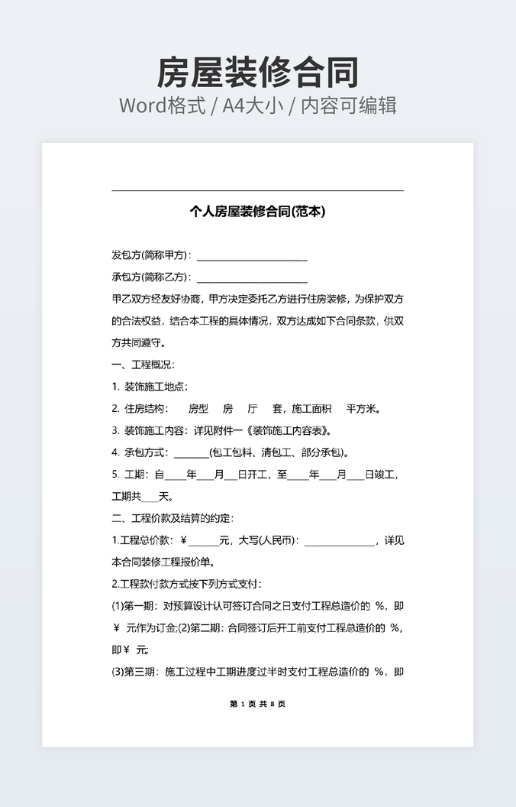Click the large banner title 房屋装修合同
257,73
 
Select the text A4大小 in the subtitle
257,105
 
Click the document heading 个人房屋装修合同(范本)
257,212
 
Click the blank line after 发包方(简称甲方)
252,256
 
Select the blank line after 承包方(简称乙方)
252,277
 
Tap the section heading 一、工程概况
144,365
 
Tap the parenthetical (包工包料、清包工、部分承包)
278,452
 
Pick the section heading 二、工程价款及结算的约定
173,519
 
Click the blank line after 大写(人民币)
339,542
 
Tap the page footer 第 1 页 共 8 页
257,704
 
